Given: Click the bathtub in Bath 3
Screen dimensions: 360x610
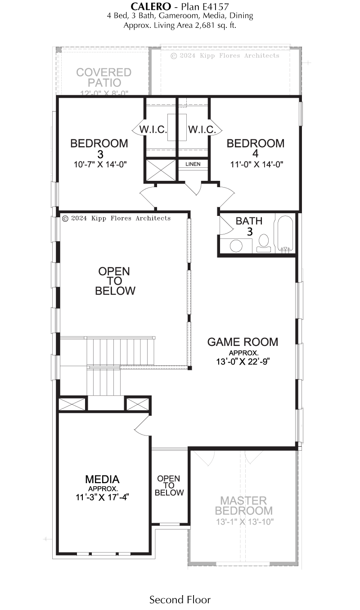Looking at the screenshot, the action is [285, 234].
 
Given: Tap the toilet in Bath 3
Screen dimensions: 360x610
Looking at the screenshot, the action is [263, 243].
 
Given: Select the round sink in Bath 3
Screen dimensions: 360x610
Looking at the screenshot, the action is [236, 246].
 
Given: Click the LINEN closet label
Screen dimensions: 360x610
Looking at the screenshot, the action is [193, 164].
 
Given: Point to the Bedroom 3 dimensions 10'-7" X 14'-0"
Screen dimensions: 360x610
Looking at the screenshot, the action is [100, 165].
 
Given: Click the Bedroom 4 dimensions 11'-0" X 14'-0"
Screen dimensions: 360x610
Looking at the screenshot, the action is [256, 165].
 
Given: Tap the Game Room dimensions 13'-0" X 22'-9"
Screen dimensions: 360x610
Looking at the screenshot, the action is [243, 361].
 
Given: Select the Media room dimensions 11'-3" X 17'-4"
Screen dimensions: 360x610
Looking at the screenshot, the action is [102, 497].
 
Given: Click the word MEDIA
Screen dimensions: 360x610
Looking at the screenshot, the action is [102, 479].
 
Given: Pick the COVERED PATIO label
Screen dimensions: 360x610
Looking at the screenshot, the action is [104, 77].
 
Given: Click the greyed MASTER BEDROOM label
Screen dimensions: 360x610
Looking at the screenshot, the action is [244, 506].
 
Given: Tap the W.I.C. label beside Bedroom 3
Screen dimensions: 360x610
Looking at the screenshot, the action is [153, 130].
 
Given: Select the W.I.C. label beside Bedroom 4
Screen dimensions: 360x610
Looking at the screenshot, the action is [202, 130].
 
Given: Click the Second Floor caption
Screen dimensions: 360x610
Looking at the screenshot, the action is [180, 600].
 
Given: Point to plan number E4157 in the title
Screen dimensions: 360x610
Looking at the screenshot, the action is [213, 7].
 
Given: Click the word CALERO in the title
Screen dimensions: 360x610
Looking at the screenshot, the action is [151, 7].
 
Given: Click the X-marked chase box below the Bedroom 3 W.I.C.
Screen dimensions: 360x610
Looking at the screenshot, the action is [161, 170].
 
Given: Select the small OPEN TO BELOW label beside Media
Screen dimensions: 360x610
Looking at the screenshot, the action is [169, 485].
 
